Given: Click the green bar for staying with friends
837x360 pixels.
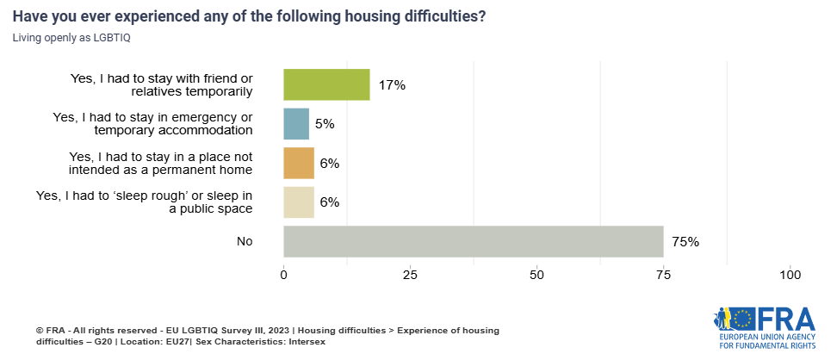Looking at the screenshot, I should pyautogui.click(x=326, y=84).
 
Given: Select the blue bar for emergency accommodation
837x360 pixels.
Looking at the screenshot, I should pyautogui.click(x=296, y=124).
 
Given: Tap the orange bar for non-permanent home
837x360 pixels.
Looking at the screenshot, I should pyautogui.click(x=299, y=163).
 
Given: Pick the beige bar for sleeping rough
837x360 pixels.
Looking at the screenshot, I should pyautogui.click(x=299, y=202).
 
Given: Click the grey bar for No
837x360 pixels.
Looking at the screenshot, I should pyautogui.click(x=474, y=241).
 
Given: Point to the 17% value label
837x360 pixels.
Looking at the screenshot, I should pyautogui.click(x=391, y=85).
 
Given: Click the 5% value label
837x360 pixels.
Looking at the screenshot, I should pyautogui.click(x=325, y=124).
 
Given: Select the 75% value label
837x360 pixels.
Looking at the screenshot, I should pyautogui.click(x=685, y=242).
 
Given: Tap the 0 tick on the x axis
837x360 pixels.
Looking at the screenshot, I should pyautogui.click(x=284, y=275).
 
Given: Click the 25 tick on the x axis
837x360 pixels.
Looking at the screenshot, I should pyautogui.click(x=411, y=275).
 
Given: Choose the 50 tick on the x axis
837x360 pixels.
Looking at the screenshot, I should pyautogui.click(x=537, y=275).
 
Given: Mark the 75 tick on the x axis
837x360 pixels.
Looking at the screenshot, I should pyautogui.click(x=664, y=275).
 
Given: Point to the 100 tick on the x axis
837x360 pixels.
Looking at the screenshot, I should pyautogui.click(x=790, y=275).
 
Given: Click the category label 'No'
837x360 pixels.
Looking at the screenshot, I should pyautogui.click(x=245, y=242).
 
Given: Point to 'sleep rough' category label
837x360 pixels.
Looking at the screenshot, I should pyautogui.click(x=144, y=202).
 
